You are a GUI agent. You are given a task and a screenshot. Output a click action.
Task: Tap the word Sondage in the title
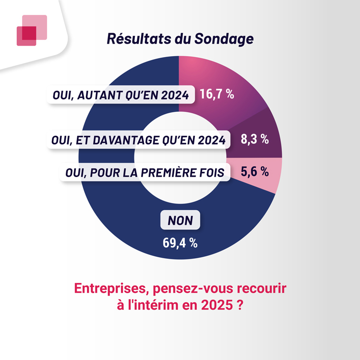click(224, 39)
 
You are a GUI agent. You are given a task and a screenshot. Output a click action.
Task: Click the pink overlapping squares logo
click(32, 30)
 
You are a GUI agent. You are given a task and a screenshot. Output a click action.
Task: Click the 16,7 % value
click(217, 94)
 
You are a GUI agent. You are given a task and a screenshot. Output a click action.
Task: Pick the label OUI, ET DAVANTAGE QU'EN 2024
click(138, 140)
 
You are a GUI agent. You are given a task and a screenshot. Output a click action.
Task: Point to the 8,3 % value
click(254, 140)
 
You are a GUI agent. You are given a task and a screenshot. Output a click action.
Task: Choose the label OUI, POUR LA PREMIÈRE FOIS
click(144, 172)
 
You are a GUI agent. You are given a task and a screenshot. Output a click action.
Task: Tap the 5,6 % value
click(254, 171)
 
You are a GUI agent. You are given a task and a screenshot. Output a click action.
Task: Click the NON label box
click(180, 220)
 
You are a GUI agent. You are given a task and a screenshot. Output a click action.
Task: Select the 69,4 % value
click(180, 242)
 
